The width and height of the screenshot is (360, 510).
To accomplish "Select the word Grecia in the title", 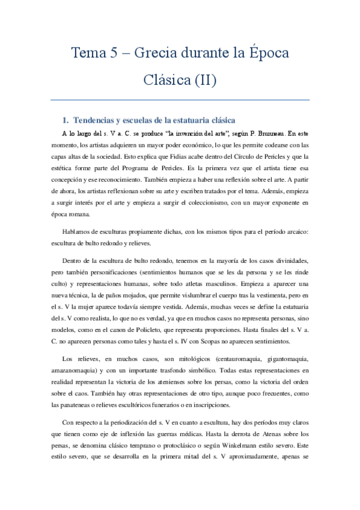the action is (158, 53).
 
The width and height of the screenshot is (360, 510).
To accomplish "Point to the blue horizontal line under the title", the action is (180, 99).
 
